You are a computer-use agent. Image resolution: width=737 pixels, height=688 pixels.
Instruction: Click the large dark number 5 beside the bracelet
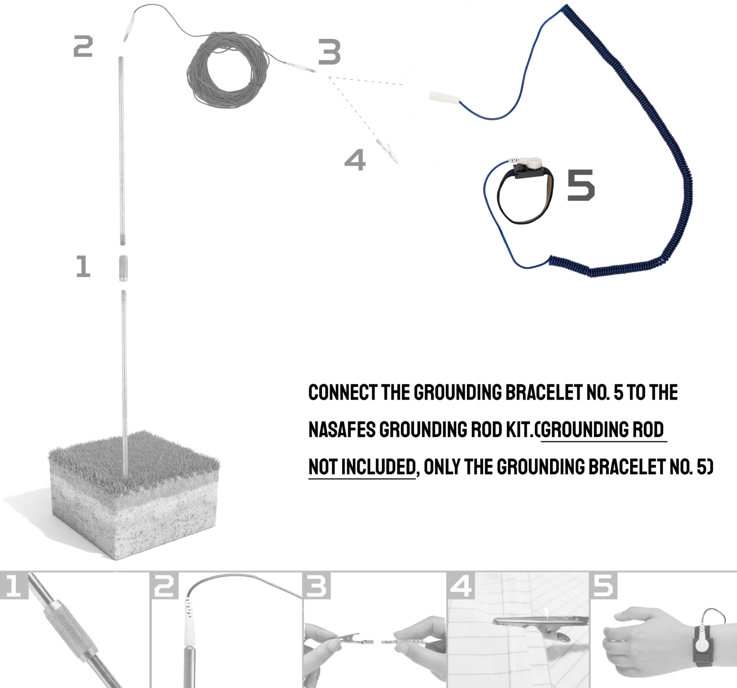pyautogui.click(x=581, y=185)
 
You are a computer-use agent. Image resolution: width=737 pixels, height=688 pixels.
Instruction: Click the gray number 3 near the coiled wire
pyautogui.click(x=330, y=52)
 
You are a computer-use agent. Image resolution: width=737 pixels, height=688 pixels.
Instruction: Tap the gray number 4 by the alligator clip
pyautogui.click(x=355, y=160)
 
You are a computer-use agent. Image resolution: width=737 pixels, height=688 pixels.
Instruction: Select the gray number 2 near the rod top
pyautogui.click(x=83, y=47)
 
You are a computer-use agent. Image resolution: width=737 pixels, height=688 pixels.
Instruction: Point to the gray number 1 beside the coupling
pyautogui.click(x=83, y=266)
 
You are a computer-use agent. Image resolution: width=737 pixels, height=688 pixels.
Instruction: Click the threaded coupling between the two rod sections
pyautogui.click(x=123, y=269)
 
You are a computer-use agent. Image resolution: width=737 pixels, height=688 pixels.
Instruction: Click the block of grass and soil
pyautogui.click(x=134, y=494)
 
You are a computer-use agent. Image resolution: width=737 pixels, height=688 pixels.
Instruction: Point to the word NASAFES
pyautogui.click(x=342, y=429)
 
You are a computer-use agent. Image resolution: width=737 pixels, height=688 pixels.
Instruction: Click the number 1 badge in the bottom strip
pyautogui.click(x=14, y=586)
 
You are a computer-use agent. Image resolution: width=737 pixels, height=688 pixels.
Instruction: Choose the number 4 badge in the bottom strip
pyautogui.click(x=461, y=586)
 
